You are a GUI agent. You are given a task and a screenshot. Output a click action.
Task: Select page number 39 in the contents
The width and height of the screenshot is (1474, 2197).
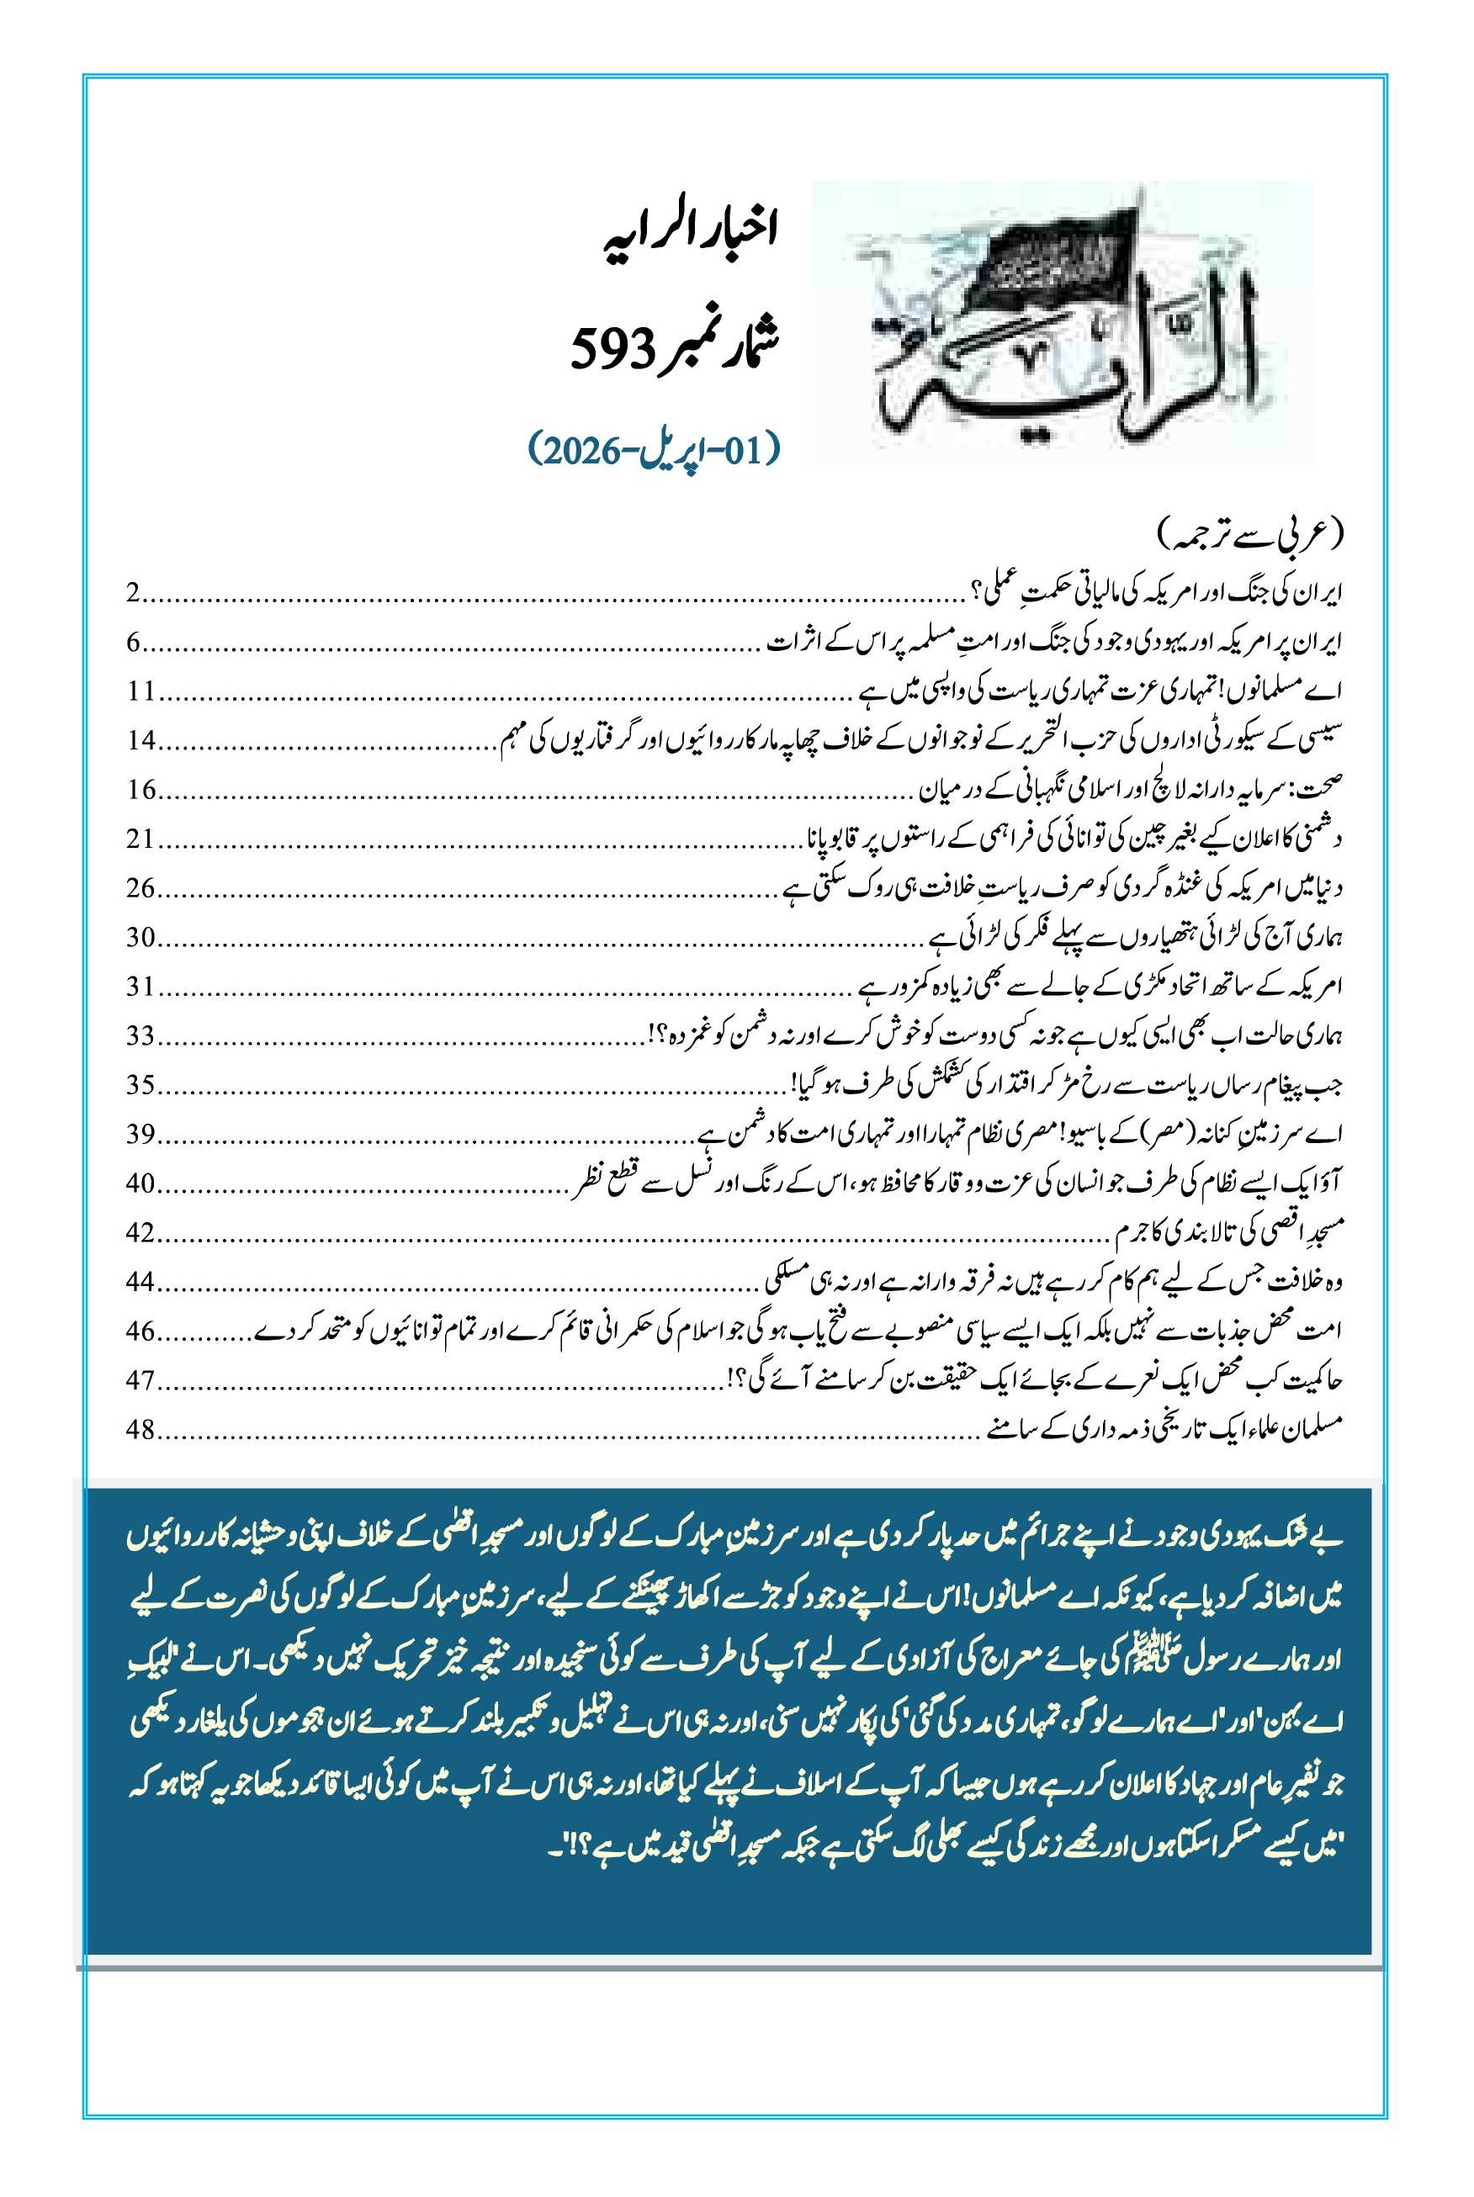(x=141, y=1134)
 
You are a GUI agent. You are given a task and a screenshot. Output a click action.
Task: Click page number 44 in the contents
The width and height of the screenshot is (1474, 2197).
(x=141, y=1281)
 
